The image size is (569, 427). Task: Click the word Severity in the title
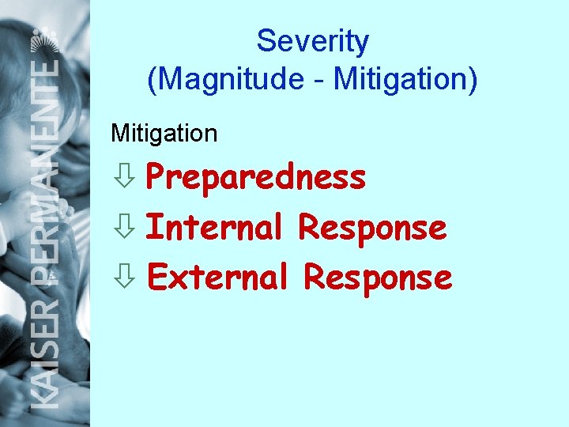coord(312,41)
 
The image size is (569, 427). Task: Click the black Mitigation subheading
coord(164,134)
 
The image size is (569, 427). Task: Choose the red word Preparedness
coord(256,178)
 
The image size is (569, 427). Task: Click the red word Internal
coord(215,228)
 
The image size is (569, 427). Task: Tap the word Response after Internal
coord(372,229)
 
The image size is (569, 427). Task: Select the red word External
coord(217,278)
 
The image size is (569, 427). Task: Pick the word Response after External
coord(378,278)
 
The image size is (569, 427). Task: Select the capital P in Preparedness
coord(157,178)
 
